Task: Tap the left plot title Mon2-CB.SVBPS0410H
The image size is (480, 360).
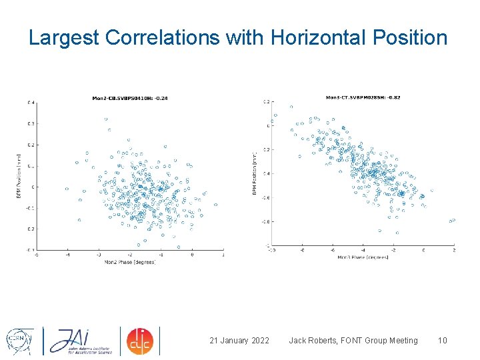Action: click(130, 98)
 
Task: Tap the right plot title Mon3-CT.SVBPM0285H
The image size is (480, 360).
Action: click(363, 97)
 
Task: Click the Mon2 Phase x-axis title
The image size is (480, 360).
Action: click(131, 262)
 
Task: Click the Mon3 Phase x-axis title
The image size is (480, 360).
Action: click(363, 257)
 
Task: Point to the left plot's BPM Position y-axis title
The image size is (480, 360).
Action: click(19, 176)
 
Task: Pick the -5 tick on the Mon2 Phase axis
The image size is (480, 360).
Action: click(36, 255)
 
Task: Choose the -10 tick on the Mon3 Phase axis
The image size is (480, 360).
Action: click(271, 250)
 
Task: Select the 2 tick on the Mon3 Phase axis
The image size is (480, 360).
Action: click(454, 250)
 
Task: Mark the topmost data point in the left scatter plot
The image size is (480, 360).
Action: click(106, 119)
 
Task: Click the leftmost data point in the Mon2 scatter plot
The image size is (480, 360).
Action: click(67, 189)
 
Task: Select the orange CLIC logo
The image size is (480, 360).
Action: click(140, 341)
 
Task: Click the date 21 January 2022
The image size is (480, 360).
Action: click(239, 341)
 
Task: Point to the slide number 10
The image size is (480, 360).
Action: click(442, 341)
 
